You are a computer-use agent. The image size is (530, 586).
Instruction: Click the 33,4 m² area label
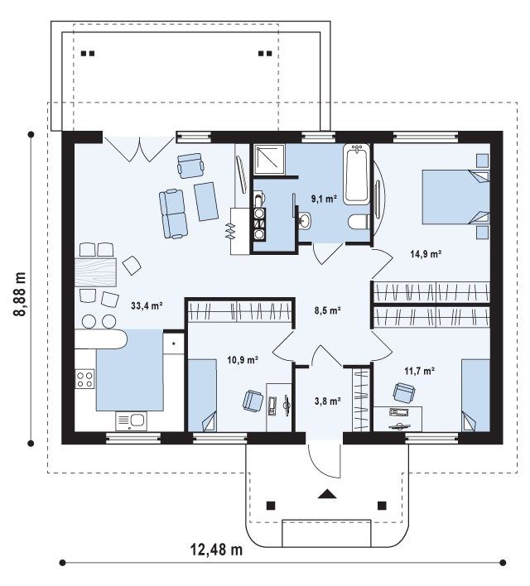147,305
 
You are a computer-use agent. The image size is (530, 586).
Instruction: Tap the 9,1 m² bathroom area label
325,199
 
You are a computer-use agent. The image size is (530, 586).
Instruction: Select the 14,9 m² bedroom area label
426,254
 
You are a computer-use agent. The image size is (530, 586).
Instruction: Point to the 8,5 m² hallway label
327,310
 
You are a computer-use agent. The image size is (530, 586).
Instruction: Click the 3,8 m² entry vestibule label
328,401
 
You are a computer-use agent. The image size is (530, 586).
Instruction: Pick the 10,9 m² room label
243,360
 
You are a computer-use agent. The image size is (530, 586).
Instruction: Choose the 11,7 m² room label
419,371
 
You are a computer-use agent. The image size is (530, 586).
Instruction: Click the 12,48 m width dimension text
217,550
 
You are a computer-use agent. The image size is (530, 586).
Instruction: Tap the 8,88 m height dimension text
20,294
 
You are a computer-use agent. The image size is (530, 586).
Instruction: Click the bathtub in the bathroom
356,174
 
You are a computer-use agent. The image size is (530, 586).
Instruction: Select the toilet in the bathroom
359,222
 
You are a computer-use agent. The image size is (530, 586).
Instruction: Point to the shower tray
269,160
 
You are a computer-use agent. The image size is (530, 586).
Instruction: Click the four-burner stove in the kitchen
85,378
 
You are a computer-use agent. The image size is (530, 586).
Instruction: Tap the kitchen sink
132,420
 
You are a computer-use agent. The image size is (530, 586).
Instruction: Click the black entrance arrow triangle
327,494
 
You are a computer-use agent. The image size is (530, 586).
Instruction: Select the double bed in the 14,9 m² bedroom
456,197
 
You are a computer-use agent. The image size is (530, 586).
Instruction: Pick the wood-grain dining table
95,271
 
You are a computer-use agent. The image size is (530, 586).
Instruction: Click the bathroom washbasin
306,219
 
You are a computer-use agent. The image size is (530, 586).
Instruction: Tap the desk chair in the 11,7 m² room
403,393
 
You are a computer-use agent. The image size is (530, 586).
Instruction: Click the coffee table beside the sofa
206,201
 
